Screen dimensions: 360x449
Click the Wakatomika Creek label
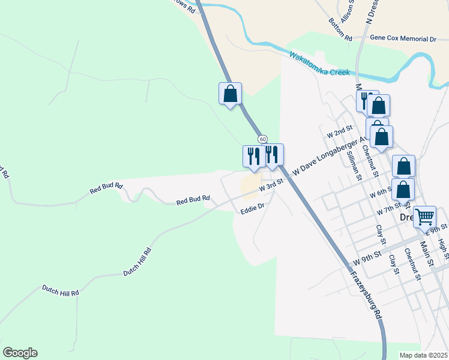click(x=319, y=64)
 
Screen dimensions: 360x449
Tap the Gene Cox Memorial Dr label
click(x=403, y=38)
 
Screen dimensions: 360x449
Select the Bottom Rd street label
click(x=340, y=29)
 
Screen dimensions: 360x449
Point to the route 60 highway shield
click(x=263, y=139)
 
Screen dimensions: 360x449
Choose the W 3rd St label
click(x=271, y=188)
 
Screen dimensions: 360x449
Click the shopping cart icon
click(x=424, y=216)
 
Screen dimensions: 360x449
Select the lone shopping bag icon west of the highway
click(x=230, y=94)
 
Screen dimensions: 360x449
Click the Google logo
click(x=20, y=353)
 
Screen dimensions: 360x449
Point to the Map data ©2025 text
click(x=423, y=355)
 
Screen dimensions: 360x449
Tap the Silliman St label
click(x=354, y=165)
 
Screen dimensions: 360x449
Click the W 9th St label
click(x=367, y=258)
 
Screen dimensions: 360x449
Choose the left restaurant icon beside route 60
click(x=252, y=156)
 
